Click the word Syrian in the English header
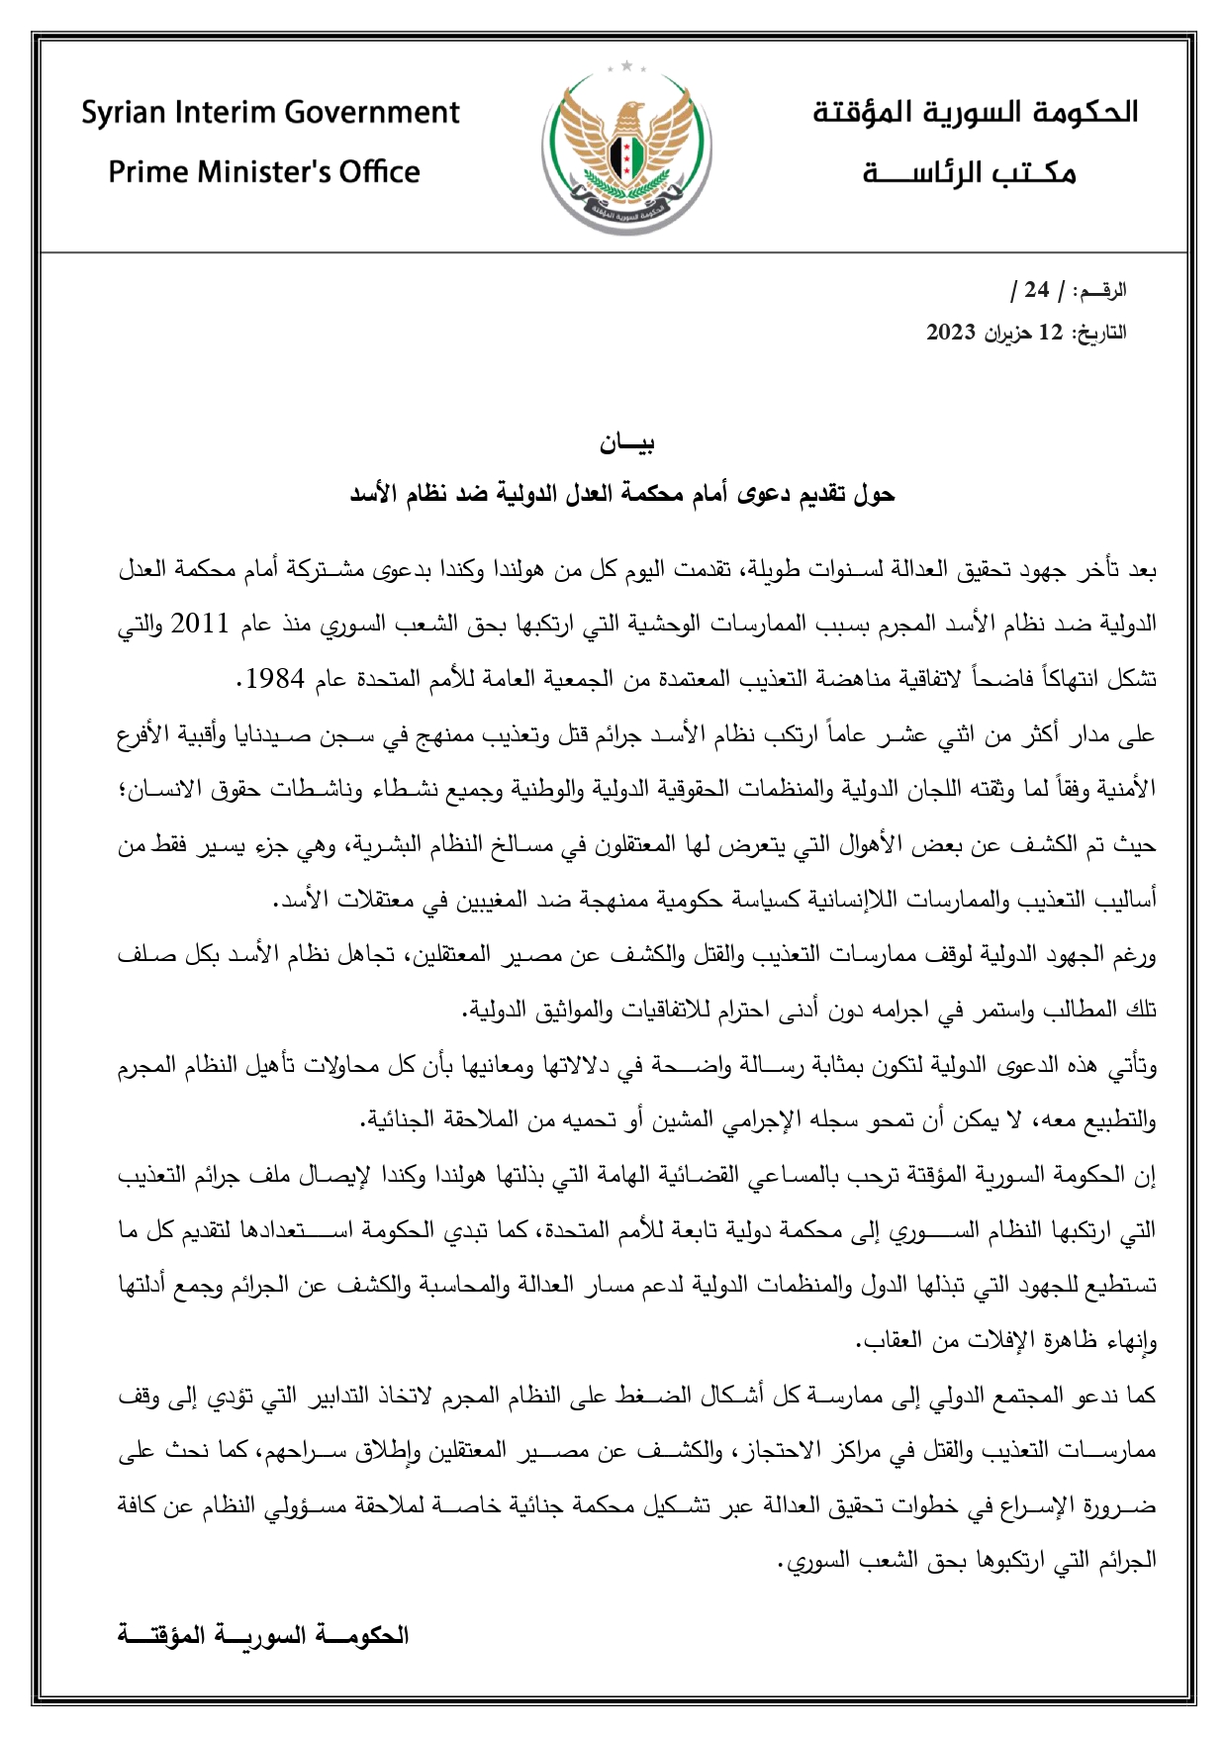[125, 113]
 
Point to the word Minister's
[263, 172]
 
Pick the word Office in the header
[379, 172]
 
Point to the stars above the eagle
[626, 67]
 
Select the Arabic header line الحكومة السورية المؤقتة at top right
[975, 112]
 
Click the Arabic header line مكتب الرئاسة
[969, 173]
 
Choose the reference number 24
[1036, 290]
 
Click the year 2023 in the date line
[952, 333]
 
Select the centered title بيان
[627, 443]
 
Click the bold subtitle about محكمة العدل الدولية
[622, 494]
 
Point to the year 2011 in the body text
[201, 625]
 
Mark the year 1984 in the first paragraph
[276, 679]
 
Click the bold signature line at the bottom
[262, 1633]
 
